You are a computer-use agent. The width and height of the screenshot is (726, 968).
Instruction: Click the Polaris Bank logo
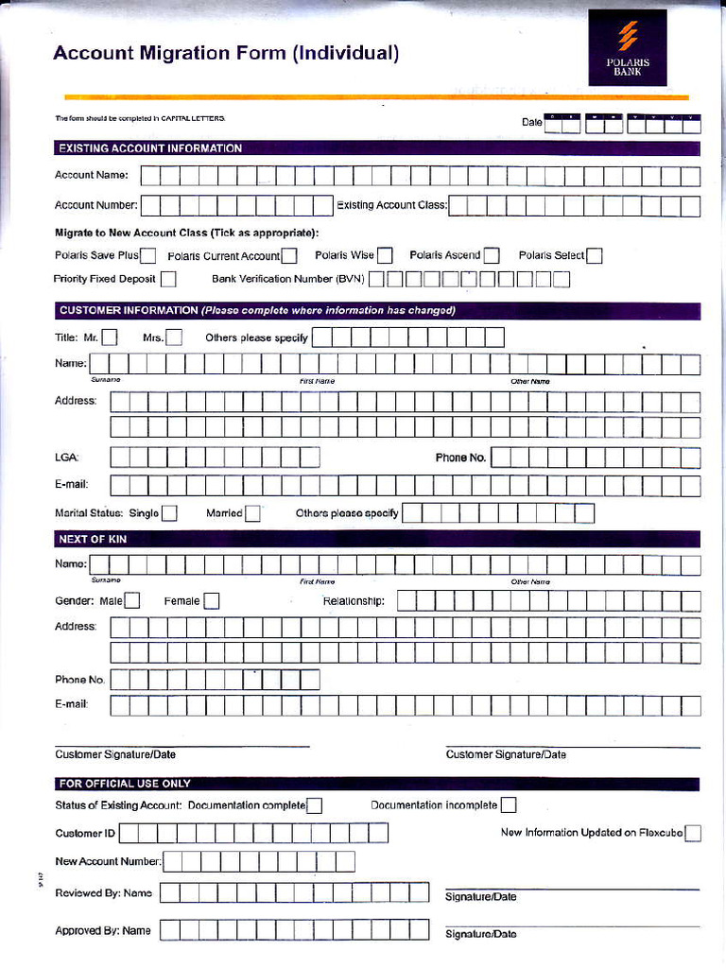[x=628, y=47]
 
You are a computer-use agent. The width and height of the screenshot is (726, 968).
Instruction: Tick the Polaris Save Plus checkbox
[x=148, y=255]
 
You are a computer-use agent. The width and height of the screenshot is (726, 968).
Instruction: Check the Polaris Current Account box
[x=289, y=255]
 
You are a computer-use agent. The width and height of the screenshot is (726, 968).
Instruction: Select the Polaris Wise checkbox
[x=385, y=255]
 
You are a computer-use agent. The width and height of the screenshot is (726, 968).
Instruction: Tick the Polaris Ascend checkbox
[x=492, y=255]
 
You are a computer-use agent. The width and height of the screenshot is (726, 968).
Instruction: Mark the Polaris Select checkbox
[x=595, y=255]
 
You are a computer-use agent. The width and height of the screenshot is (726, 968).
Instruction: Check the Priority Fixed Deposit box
[x=168, y=279]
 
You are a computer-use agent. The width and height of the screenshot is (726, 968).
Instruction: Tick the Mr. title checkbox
[x=110, y=337]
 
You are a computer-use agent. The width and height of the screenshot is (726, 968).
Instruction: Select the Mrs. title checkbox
[x=174, y=337]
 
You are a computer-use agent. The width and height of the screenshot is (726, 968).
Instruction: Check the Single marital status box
[x=169, y=513]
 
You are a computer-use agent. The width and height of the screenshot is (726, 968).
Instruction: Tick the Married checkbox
[x=252, y=513]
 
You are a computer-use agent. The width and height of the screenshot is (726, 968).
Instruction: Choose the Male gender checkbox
[x=132, y=600]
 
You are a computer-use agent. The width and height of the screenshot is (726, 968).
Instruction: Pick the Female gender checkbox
[x=212, y=600]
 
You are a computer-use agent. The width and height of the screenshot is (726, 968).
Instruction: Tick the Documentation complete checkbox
[x=315, y=805]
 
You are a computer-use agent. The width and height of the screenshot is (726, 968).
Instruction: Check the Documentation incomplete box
[x=509, y=805]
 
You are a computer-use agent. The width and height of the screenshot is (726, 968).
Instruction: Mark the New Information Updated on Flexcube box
[x=693, y=833]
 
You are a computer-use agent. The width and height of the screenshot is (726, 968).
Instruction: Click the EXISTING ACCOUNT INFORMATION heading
[x=150, y=148]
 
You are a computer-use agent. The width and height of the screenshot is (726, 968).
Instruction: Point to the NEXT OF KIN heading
[x=93, y=539]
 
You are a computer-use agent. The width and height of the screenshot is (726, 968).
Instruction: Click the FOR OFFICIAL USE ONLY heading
[x=125, y=784]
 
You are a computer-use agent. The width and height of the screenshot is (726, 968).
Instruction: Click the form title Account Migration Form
[x=226, y=54]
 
